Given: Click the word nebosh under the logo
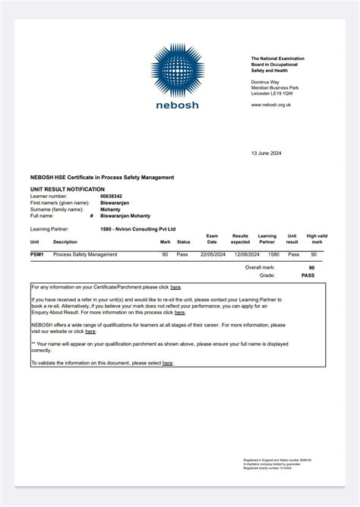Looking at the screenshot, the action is [177, 105].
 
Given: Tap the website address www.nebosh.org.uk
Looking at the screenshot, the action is [271, 105].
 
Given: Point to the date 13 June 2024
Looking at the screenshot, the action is [266, 153].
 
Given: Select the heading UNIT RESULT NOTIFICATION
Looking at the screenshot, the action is [67, 189].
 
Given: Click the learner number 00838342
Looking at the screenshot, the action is [112, 196].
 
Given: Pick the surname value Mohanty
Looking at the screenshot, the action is [110, 209].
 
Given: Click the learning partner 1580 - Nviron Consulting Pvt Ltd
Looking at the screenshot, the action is [137, 228].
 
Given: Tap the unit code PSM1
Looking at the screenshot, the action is [36, 254].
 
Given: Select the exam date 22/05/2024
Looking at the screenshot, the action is [212, 254].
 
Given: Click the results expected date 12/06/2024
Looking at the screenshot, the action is [241, 254].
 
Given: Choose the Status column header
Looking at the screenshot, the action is [183, 242].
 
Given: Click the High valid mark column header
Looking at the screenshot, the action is [317, 239].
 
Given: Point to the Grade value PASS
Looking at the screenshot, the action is [308, 276].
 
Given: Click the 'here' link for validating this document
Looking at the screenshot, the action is [167, 364].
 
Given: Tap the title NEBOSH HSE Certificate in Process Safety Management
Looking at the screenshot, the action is [102, 177].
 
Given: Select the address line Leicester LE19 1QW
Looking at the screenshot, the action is [275, 93].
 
